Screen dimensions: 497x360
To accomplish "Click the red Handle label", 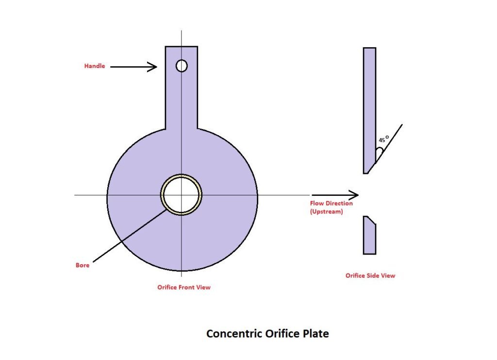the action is pyautogui.click(x=95, y=66).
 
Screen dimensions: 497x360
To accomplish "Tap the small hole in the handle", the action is pyautogui.click(x=182, y=66).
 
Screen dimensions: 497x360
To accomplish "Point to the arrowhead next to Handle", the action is pyautogui.click(x=152, y=67).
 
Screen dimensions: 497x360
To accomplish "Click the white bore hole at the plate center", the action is pyautogui.click(x=182, y=195).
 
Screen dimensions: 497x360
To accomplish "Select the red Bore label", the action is pyautogui.click(x=83, y=265).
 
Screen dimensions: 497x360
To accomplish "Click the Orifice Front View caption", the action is pyautogui.click(x=184, y=287).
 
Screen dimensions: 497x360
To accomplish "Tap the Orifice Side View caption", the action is pyautogui.click(x=370, y=275).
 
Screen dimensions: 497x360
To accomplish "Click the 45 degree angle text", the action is pyautogui.click(x=383, y=139).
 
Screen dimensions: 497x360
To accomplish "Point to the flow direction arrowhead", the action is pyautogui.click(x=353, y=195).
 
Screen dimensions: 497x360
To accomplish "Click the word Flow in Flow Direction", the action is pyautogui.click(x=316, y=203).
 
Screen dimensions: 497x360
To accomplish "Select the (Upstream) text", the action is pyautogui.click(x=327, y=211).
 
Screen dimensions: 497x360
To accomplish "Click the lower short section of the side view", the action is pyautogui.click(x=369, y=235).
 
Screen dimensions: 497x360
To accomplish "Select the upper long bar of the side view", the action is pyautogui.click(x=369, y=110).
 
